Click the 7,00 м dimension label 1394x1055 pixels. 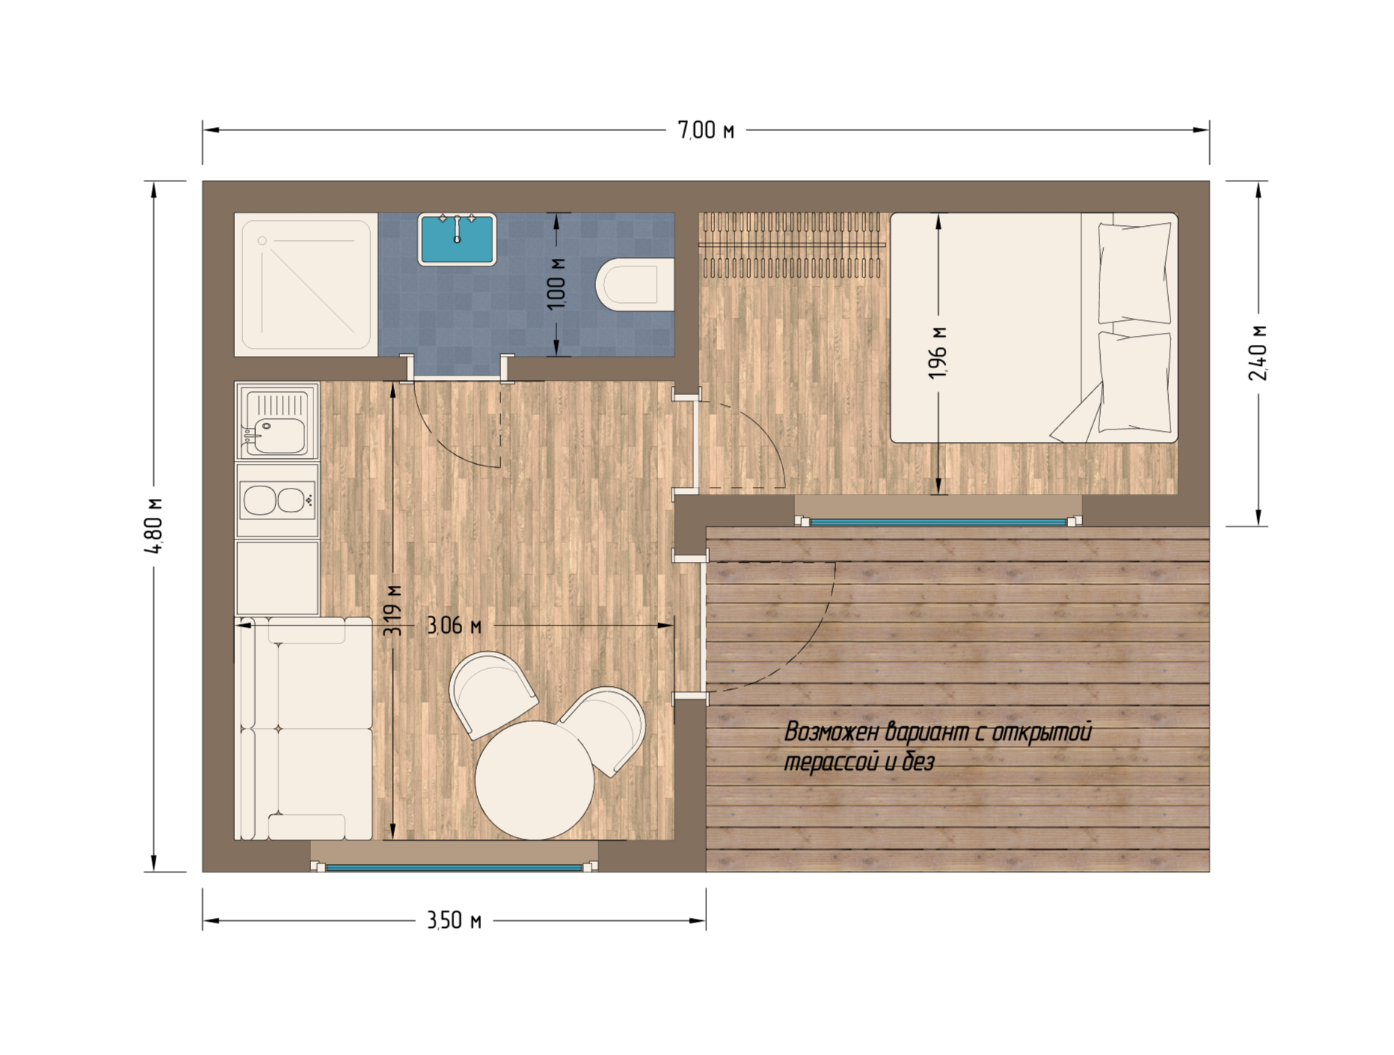[x=705, y=130]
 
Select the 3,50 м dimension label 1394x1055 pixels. [x=454, y=920]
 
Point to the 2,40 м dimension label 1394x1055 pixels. [x=1258, y=352]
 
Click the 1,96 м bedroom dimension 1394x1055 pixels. [x=938, y=352]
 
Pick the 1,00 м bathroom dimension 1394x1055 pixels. [x=556, y=283]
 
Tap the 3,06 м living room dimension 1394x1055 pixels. [x=454, y=625]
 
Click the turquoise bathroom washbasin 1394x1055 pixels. [x=457, y=239]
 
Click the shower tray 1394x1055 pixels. [x=306, y=284]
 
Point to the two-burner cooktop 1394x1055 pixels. [x=277, y=500]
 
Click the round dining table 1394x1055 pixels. [x=535, y=780]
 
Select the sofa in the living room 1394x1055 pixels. [x=303, y=728]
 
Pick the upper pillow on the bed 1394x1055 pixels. [x=1134, y=272]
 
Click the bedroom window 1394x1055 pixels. [x=938, y=522]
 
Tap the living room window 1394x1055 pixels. [x=455, y=867]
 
